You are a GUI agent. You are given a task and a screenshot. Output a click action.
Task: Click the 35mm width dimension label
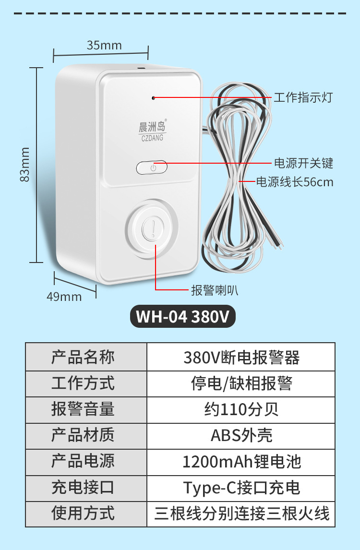(x=104, y=46)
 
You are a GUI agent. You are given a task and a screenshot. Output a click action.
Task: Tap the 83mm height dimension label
(x=25, y=164)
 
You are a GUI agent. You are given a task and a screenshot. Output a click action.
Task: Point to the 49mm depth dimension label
(x=64, y=297)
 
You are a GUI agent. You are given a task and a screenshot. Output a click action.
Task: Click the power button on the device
(x=152, y=167)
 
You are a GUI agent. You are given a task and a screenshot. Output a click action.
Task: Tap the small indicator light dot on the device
(x=154, y=98)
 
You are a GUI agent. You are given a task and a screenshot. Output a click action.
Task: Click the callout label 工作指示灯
(x=302, y=98)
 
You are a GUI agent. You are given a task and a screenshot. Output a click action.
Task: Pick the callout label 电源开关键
(x=303, y=163)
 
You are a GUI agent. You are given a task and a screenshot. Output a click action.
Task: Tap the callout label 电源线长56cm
(x=294, y=182)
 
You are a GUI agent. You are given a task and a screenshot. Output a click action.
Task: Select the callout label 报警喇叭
(x=215, y=290)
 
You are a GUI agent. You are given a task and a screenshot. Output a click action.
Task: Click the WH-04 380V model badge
(x=183, y=317)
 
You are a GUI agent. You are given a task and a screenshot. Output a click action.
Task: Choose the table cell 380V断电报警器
(x=241, y=358)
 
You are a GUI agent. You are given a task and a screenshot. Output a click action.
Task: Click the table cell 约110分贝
(x=241, y=409)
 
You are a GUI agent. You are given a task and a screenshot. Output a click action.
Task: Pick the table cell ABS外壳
(x=241, y=435)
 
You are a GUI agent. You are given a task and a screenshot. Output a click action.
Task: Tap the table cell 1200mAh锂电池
(x=241, y=462)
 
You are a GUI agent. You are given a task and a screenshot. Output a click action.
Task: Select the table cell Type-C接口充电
(x=241, y=488)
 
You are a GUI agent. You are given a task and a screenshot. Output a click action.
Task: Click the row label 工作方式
(x=83, y=383)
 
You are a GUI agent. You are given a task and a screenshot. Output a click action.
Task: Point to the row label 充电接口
(x=83, y=488)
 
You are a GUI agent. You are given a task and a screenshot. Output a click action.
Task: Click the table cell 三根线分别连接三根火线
(x=241, y=514)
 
